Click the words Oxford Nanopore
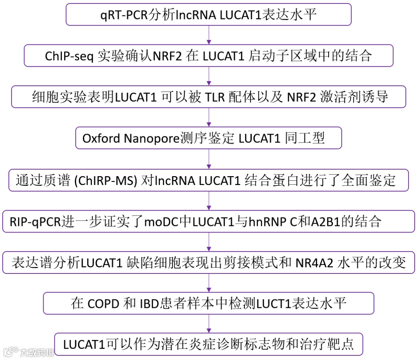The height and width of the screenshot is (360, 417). [x=131, y=138]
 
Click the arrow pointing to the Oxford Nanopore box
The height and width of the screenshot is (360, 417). [x=209, y=117]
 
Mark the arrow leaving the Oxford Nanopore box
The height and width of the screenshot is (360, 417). [x=209, y=159]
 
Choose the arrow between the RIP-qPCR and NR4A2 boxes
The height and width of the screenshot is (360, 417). [x=209, y=242]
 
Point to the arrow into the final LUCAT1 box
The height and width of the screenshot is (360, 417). [x=209, y=324]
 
